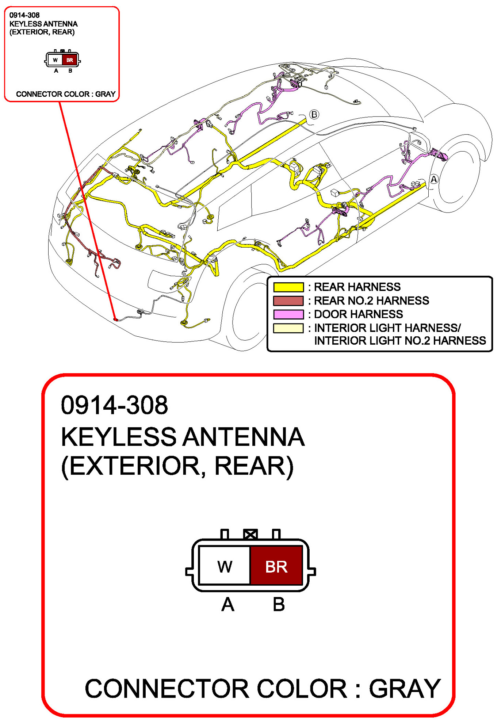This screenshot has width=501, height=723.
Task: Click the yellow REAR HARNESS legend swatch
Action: pos(288,287)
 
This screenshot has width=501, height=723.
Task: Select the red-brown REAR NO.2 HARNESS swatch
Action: pos(288,301)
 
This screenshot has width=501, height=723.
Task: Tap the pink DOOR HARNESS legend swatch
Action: pos(288,314)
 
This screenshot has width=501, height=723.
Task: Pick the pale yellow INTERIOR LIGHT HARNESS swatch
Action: pos(288,328)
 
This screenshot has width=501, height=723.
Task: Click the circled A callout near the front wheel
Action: pos(433,179)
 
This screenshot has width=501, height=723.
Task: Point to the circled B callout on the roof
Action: pos(314,115)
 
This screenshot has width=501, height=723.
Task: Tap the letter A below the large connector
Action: pos(228,604)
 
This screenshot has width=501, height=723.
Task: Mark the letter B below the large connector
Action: pos(279,604)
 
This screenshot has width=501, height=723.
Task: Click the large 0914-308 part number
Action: pos(114,405)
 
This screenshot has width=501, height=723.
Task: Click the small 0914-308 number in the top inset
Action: pos(24,15)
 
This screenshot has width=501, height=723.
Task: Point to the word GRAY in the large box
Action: pos(405,689)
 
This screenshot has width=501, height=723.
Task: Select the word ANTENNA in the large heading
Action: pos(244,437)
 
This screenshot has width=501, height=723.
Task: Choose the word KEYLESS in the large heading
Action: pos(119,437)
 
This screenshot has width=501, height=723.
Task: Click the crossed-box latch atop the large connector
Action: pos(250,535)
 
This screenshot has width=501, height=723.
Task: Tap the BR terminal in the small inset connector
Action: pos(69,60)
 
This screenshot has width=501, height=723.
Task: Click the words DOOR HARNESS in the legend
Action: pos(358,314)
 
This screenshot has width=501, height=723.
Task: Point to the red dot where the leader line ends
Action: pos(115,320)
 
